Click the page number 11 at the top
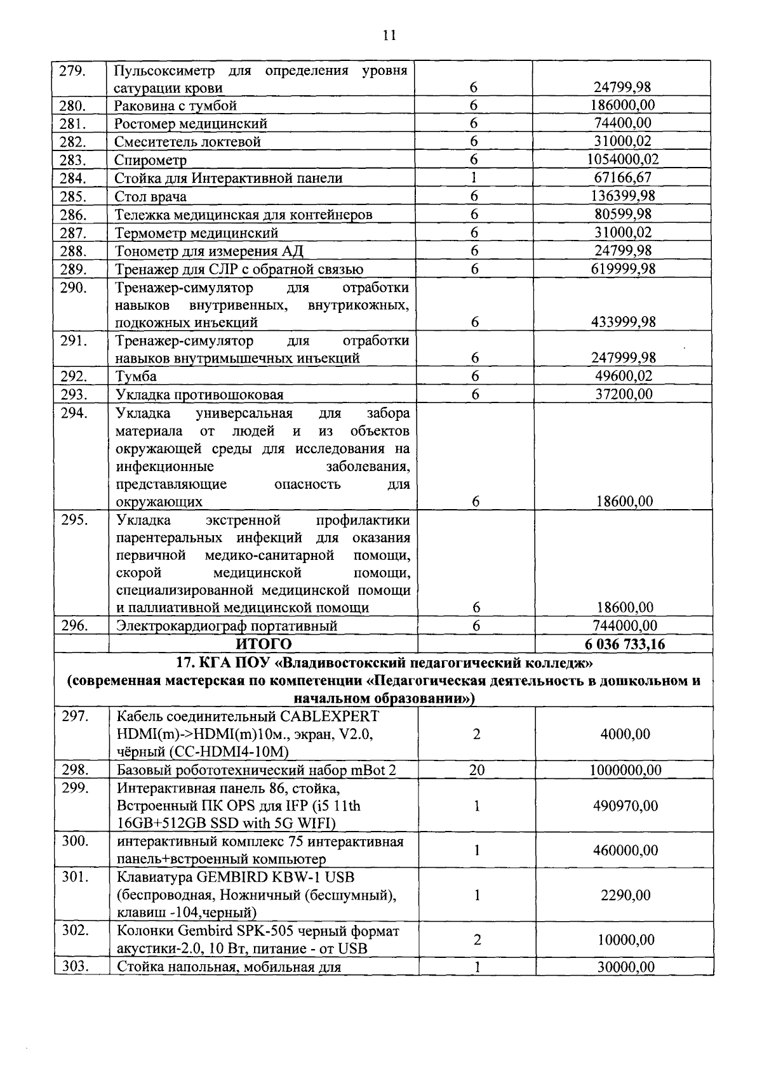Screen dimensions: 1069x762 click(389, 36)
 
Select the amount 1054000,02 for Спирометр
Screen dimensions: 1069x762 click(622, 159)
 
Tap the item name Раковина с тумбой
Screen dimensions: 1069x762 click(176, 105)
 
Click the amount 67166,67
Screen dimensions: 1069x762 click(622, 178)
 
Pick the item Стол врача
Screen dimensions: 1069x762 click(151, 196)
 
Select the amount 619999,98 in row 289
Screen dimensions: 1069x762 click(622, 269)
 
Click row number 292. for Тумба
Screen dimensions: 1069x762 click(74, 376)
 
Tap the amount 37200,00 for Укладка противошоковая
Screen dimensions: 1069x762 click(622, 394)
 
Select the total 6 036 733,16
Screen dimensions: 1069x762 click(625, 644)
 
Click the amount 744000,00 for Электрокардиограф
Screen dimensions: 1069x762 click(625, 626)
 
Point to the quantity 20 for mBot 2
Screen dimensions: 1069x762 click(476, 770)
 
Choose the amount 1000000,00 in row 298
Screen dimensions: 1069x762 click(625, 770)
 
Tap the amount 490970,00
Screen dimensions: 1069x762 click(625, 806)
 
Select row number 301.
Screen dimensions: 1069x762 click(76, 877)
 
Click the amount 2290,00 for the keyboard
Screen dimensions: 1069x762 click(625, 895)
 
